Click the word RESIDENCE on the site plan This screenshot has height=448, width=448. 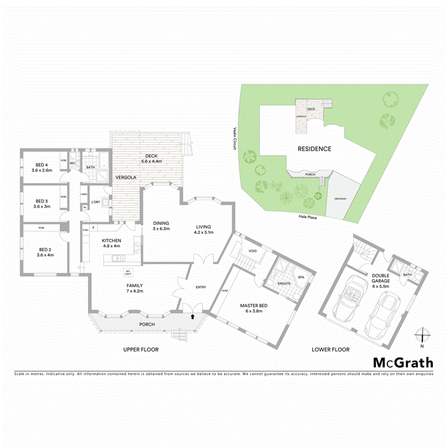coord(314,149)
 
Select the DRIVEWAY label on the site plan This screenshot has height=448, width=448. coord(341,198)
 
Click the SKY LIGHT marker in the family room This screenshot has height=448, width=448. coord(127,272)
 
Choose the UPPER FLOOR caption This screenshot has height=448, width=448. coord(141,350)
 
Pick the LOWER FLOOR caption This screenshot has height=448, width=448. coord(330,350)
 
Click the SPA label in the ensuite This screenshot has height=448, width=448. coord(301,277)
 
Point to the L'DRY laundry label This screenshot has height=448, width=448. coord(95,202)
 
